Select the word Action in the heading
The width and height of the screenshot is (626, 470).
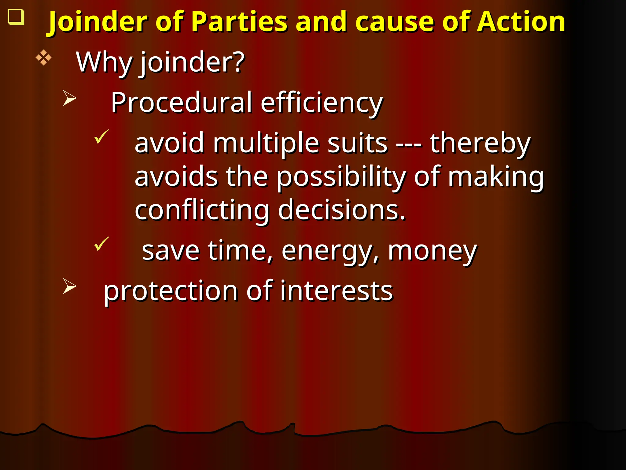point(521,22)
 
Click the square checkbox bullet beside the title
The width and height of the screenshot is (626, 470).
point(16,17)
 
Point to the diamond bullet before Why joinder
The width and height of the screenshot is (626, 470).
point(43,58)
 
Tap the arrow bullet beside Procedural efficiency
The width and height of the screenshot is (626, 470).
point(69,98)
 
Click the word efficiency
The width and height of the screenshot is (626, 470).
point(322,103)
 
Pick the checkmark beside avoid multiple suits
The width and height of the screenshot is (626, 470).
point(101,136)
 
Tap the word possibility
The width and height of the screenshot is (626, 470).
point(341,177)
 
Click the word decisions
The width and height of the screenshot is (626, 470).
point(341,211)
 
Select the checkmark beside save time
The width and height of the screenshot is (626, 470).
point(101,244)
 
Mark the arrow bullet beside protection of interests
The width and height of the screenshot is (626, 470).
point(69,286)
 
